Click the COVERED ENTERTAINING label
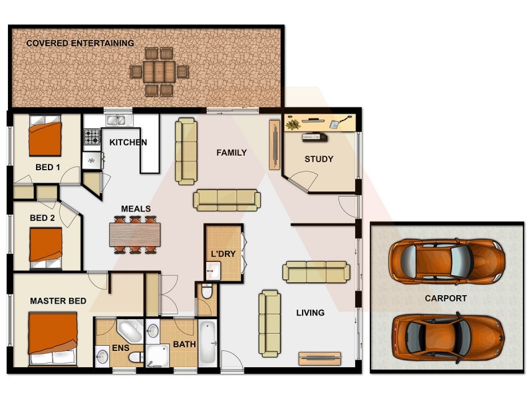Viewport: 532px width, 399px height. (80, 43)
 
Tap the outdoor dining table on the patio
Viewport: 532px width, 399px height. (159, 70)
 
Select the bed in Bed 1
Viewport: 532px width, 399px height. (45, 137)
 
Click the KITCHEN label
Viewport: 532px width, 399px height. (128, 142)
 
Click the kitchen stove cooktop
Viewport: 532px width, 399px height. (90, 137)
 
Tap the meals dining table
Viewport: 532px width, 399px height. (136, 234)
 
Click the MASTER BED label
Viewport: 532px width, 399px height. (58, 301)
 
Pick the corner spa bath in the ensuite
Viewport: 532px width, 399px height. (128, 331)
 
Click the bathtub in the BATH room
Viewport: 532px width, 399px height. (207, 340)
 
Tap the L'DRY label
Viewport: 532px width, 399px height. (223, 254)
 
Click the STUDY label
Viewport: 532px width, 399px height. (319, 159)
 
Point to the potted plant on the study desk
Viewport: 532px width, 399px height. (293, 124)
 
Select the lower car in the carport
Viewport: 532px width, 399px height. (446, 337)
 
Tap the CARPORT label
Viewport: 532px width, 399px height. (446, 299)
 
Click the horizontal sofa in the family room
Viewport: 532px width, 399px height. (227, 199)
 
